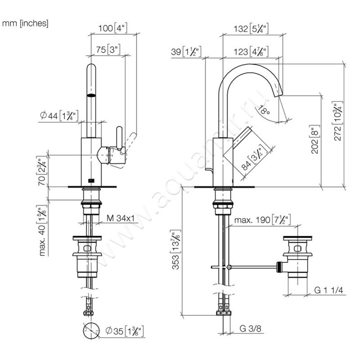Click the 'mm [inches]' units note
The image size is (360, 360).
pos(25,22)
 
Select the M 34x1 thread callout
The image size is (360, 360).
pos(121,219)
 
